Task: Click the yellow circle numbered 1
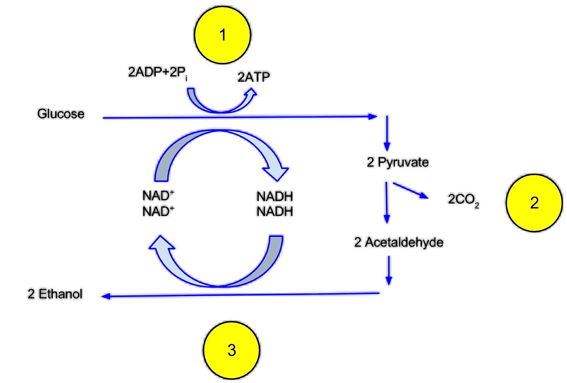(222, 35)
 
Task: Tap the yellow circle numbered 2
(534, 203)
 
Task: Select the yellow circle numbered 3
(232, 350)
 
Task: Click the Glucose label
(61, 114)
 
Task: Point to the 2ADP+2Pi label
(158, 72)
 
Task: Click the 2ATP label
(254, 77)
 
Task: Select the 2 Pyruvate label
(398, 162)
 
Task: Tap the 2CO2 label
(463, 199)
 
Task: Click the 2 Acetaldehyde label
(399, 242)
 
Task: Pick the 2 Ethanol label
(55, 294)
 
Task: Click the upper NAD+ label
(158, 195)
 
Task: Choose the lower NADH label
(275, 212)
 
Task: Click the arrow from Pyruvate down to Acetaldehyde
(386, 203)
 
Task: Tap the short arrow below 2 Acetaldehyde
(388, 270)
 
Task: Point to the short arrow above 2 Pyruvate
(387, 133)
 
